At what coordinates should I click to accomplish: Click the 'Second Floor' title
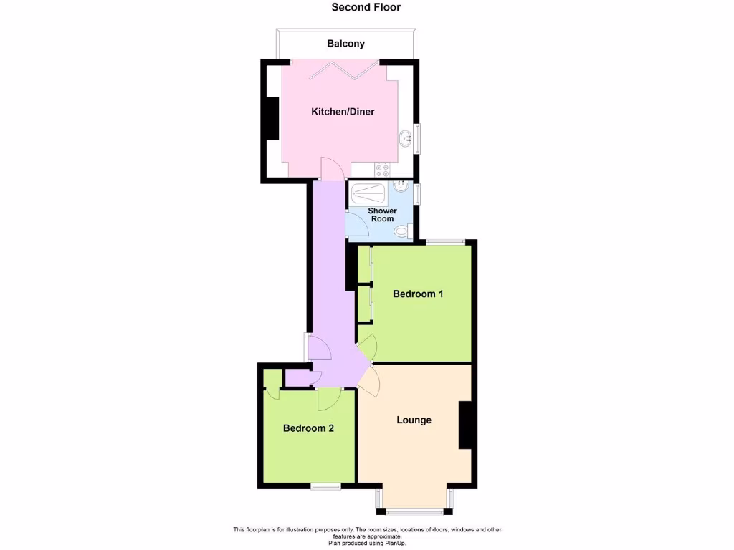click(366, 8)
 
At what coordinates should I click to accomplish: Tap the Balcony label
click(345, 44)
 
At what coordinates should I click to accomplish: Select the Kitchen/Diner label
click(342, 112)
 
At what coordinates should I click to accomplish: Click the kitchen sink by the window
click(406, 138)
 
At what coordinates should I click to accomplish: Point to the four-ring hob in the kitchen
click(382, 170)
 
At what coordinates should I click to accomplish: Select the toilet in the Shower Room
click(406, 231)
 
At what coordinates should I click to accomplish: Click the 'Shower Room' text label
click(382, 215)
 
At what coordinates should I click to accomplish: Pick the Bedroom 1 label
click(418, 294)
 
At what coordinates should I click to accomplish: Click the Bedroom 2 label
click(308, 428)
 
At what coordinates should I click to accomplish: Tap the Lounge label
click(414, 420)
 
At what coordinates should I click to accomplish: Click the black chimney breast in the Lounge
click(464, 425)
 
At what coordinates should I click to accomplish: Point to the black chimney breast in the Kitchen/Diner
click(272, 117)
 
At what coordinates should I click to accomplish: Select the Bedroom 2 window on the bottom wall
click(325, 486)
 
